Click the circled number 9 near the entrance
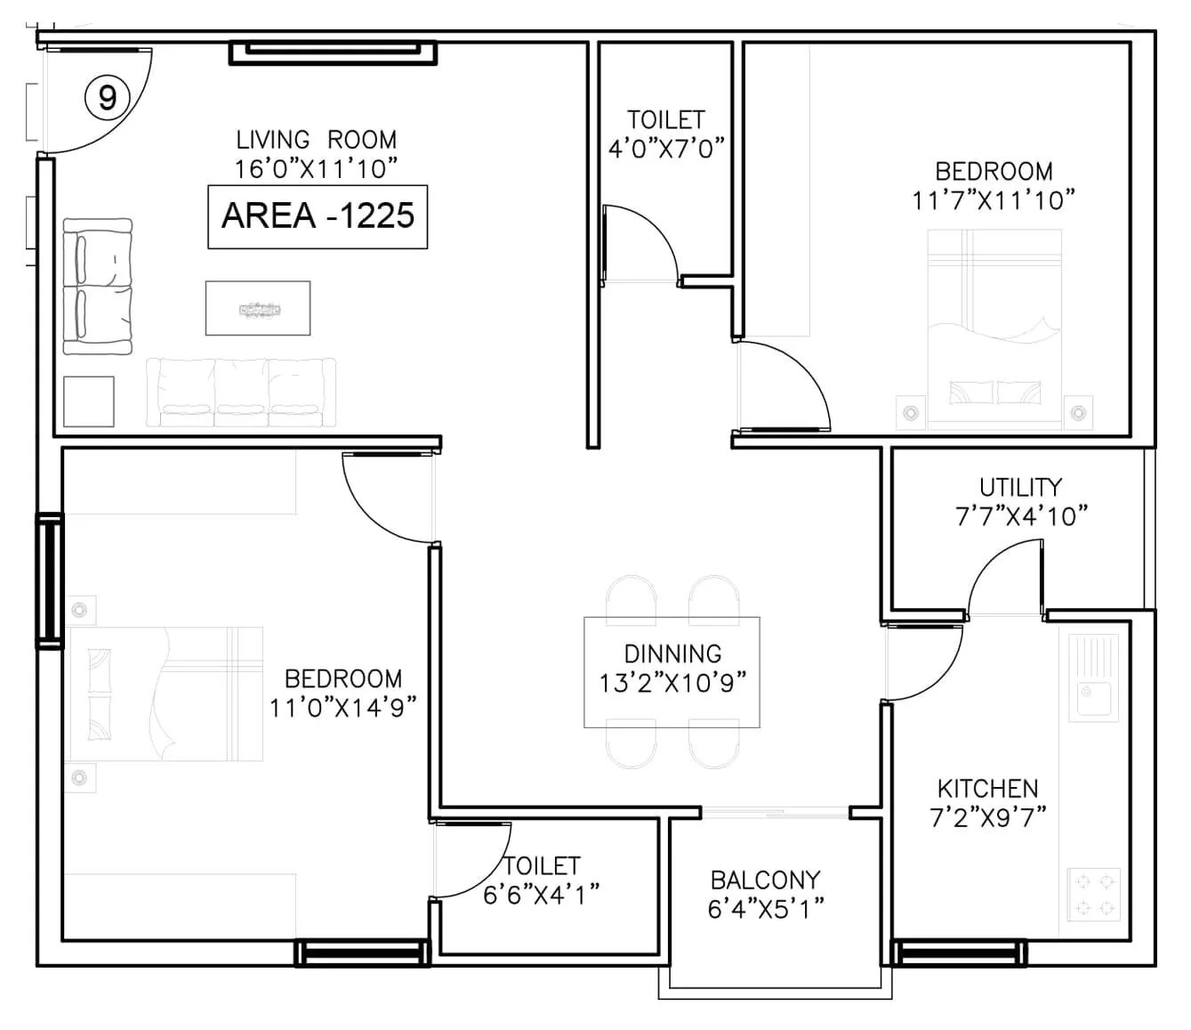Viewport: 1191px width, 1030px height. (x=107, y=96)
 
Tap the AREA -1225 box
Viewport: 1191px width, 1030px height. (x=318, y=216)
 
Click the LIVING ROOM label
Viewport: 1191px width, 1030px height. (x=316, y=140)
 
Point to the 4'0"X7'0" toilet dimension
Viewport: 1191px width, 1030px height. (x=666, y=148)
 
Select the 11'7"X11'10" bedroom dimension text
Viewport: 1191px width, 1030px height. (x=994, y=199)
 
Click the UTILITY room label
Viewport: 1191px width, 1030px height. (x=1020, y=487)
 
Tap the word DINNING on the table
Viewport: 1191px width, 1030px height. (x=672, y=653)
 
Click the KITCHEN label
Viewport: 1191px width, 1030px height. (x=987, y=788)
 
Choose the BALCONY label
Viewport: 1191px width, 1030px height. (x=765, y=880)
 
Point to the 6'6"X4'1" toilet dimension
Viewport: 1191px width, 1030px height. (x=541, y=894)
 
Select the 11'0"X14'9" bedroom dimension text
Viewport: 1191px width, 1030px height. (x=343, y=708)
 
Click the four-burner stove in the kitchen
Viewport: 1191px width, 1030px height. (x=1093, y=895)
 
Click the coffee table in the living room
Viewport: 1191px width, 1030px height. (x=258, y=308)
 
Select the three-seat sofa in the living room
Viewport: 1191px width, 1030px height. (x=241, y=392)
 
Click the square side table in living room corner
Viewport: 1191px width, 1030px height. (x=89, y=401)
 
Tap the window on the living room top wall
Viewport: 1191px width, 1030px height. (x=333, y=53)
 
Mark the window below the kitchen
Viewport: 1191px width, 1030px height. (x=959, y=953)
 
